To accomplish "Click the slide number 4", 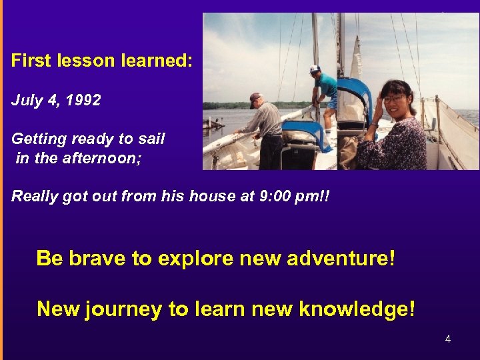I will point(448,339).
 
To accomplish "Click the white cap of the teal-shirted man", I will point(315,68).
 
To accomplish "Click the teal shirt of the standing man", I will point(327,86).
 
